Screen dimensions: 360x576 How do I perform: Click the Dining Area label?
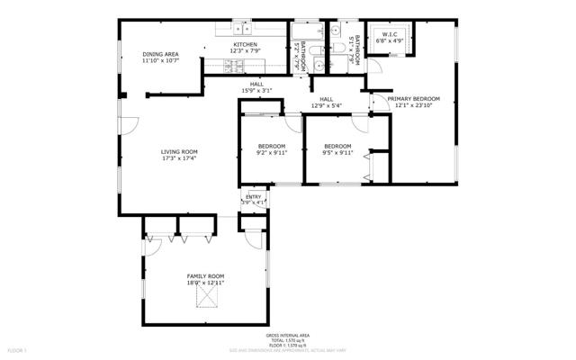click(160, 55)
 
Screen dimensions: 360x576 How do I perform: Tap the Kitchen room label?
click(246, 45)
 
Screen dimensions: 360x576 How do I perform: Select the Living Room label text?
click(179, 151)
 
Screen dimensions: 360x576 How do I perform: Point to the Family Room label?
click(205, 275)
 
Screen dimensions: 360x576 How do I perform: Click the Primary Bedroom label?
click(414, 98)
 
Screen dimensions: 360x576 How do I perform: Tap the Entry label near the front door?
click(255, 196)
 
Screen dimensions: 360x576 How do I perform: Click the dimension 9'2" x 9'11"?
click(271, 153)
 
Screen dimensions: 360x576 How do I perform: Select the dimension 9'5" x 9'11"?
click(337, 153)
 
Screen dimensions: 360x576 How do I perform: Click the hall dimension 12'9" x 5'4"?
click(326, 105)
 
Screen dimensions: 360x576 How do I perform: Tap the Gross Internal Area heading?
click(295, 333)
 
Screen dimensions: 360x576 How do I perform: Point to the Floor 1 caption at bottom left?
click(18, 348)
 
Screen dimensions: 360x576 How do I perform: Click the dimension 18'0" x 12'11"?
click(205, 283)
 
